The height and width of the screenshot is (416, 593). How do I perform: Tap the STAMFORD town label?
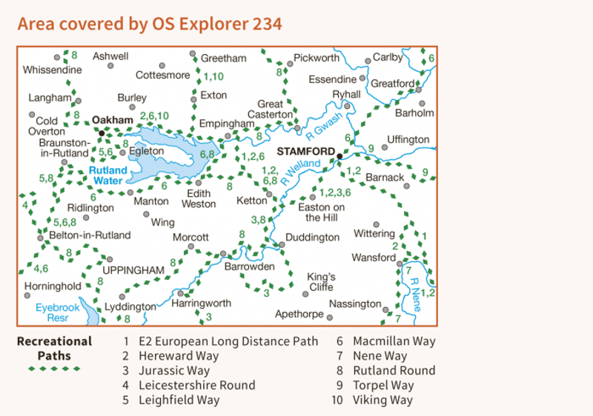tap(303, 150)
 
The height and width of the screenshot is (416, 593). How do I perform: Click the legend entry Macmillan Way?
tap(394, 341)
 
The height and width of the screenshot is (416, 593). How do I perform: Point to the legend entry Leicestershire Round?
tap(196, 386)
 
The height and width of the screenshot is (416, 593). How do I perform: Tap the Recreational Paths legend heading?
tap(55, 348)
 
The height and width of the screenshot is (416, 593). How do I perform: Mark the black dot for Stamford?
tap(339, 156)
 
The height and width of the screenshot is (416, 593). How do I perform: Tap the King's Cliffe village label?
tap(322, 281)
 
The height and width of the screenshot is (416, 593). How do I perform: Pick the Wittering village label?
tap(374, 234)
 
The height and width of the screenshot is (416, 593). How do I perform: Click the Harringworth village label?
tap(201, 303)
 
